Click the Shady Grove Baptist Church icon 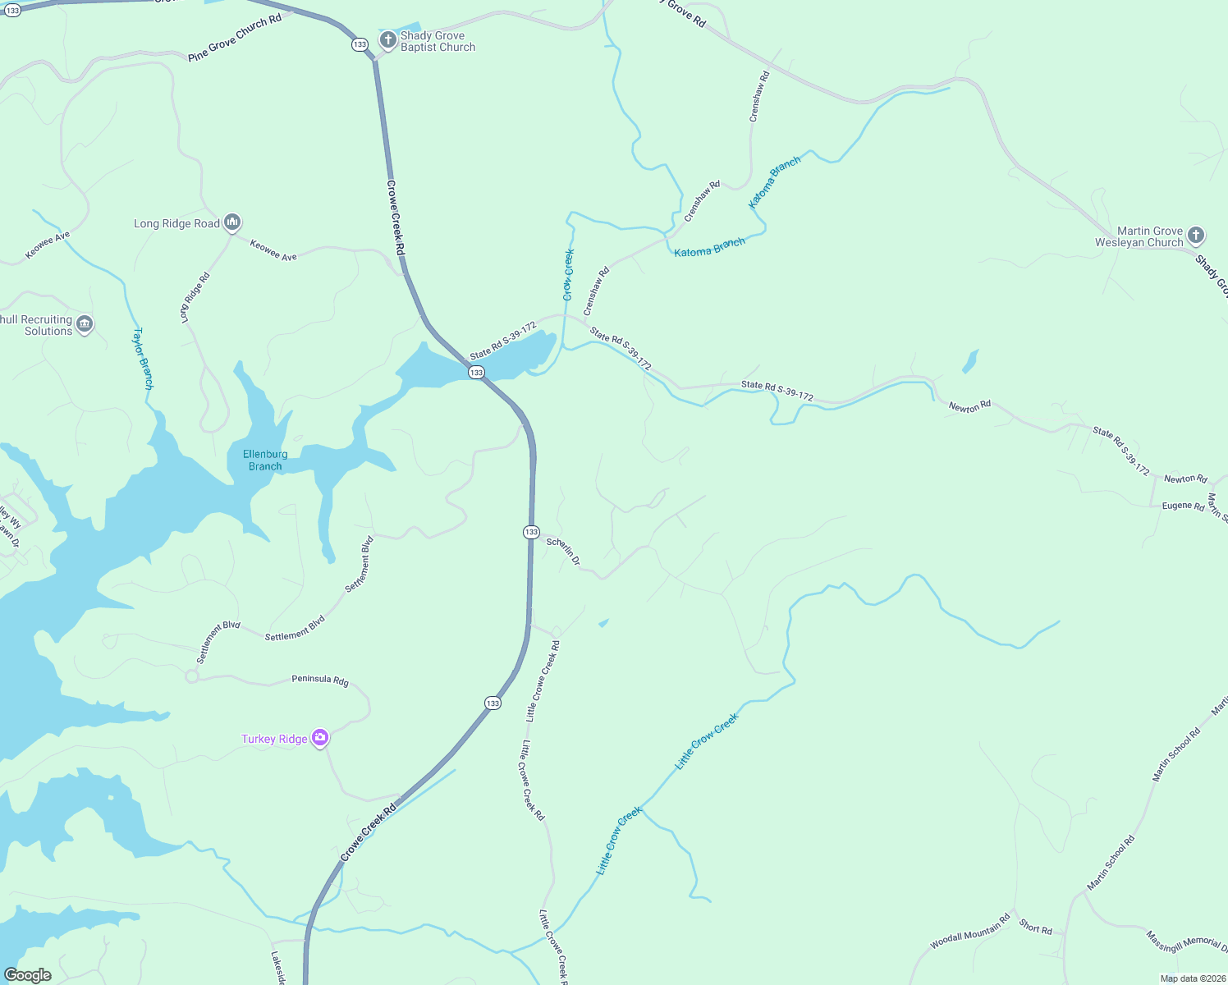[387, 40]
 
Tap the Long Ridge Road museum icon [232, 222]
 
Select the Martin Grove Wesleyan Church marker [1196, 236]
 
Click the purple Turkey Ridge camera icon [320, 738]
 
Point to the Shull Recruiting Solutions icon [84, 324]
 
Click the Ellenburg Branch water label [265, 460]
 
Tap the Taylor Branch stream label [143, 358]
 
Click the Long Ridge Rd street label [195, 297]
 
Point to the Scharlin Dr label [564, 552]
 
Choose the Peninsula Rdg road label [320, 680]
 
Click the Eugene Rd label [1183, 506]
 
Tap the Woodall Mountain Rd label [969, 932]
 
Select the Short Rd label [1035, 928]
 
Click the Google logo [28, 975]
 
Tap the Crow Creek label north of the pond [569, 274]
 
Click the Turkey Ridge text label [274, 739]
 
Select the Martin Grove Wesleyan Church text [1139, 236]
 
